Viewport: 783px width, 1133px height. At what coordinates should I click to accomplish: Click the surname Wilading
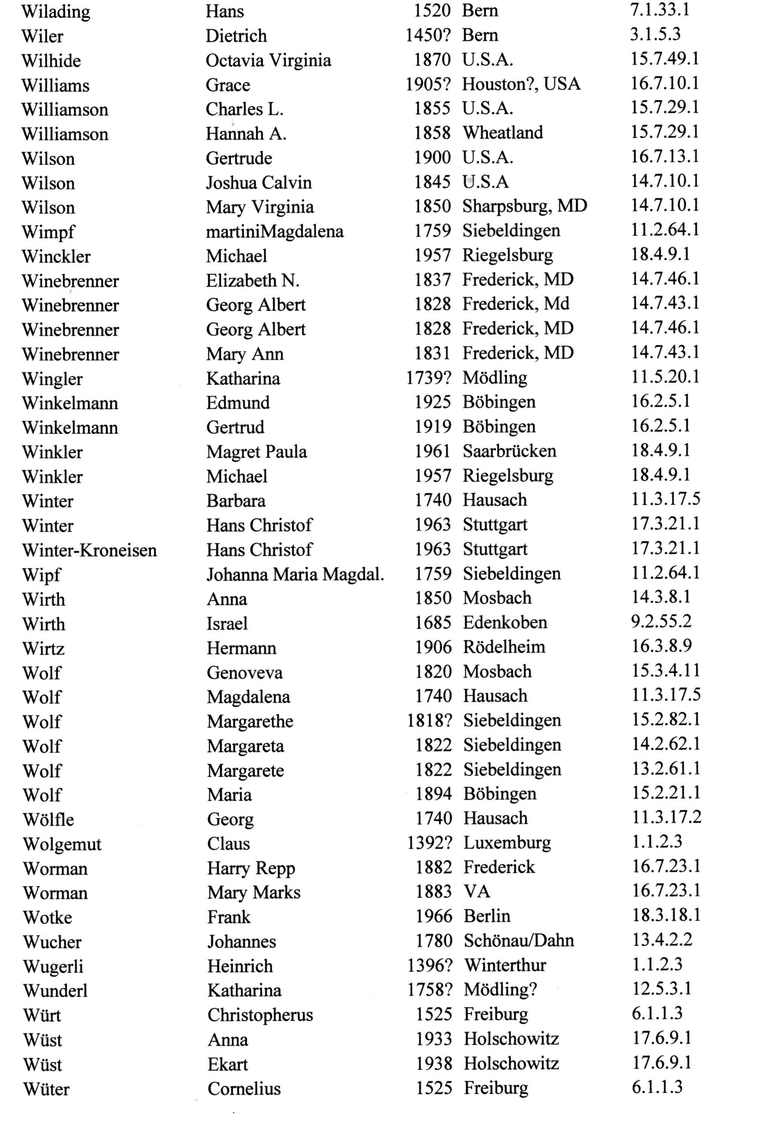pos(56,12)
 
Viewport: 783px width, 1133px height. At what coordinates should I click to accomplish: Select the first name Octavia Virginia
pos(268,60)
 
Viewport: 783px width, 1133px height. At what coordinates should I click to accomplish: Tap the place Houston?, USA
pos(521,84)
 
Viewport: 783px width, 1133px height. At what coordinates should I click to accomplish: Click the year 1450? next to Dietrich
pos(427,35)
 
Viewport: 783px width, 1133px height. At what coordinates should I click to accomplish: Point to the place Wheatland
pos(503,133)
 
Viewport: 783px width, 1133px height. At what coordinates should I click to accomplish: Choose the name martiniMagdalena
pos(275,232)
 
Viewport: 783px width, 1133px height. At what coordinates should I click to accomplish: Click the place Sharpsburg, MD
pos(525,206)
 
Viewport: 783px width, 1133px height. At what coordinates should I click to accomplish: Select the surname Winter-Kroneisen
pos(89,550)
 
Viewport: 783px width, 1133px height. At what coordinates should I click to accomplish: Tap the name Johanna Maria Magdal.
pos(295,574)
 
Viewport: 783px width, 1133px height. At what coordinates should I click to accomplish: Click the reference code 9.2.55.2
pos(661,622)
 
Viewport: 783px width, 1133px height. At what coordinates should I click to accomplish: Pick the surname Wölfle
pos(49,819)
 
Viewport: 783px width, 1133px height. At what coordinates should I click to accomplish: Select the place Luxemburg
pos(507,843)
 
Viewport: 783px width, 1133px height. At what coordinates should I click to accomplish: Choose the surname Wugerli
pos(53,966)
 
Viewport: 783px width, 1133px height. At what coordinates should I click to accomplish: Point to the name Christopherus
pos(260,1015)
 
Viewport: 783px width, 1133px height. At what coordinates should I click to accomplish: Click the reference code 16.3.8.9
pos(661,646)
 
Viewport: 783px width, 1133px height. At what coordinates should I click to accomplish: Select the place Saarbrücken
pos(509,451)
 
